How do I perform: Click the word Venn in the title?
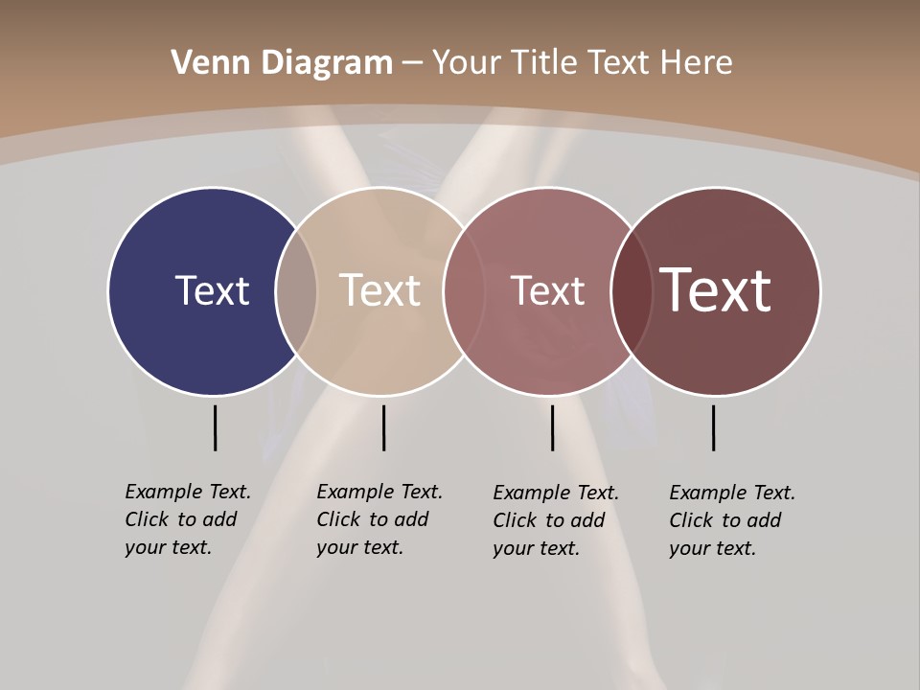(x=202, y=63)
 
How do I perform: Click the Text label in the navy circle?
(x=212, y=290)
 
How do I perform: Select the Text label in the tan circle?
(x=380, y=290)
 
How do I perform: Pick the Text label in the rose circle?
(x=547, y=290)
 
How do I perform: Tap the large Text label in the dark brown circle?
(x=716, y=290)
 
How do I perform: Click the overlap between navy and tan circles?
(x=296, y=291)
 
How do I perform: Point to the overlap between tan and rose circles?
(x=464, y=291)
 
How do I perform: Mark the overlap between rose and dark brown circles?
(x=632, y=291)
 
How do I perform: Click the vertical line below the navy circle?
(x=215, y=427)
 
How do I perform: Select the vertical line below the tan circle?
(x=383, y=427)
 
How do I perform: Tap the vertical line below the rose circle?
(x=552, y=427)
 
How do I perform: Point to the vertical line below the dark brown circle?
(x=713, y=427)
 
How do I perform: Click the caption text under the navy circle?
(x=188, y=519)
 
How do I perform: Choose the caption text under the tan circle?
(x=379, y=519)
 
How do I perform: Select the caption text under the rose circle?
(x=556, y=520)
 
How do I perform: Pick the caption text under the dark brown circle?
(x=732, y=520)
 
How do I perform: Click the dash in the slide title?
(x=412, y=64)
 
